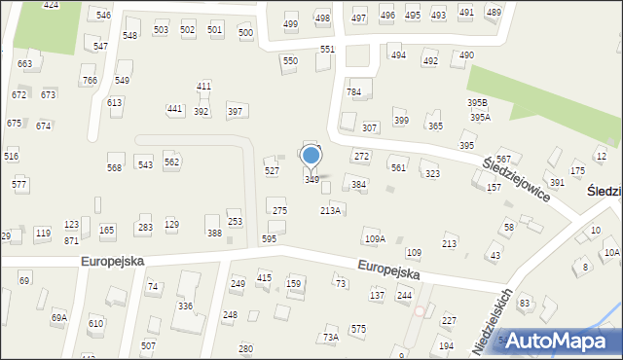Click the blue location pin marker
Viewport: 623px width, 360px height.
[311, 156]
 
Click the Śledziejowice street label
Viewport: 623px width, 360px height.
[516, 177]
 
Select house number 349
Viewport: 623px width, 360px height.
[311, 180]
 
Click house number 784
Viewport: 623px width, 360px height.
[354, 92]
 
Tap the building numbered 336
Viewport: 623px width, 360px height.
[185, 306]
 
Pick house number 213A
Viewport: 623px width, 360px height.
[331, 210]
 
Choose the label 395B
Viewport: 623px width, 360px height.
[477, 102]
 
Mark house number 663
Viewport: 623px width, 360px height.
[25, 64]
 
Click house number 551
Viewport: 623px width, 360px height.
[327, 49]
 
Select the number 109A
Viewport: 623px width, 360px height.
[375, 238]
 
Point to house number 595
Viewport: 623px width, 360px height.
[269, 238]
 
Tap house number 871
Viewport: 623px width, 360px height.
[71, 240]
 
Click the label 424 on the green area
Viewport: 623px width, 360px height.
[51, 6]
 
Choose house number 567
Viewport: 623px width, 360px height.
[503, 159]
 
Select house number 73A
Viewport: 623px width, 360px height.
[331, 337]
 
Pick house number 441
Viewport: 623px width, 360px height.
[174, 109]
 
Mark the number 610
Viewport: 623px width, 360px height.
[95, 323]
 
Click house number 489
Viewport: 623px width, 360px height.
[494, 12]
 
